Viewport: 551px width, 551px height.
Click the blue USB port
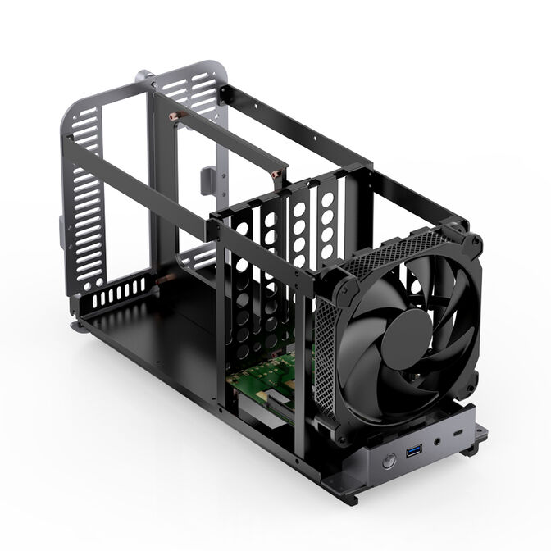[414, 450]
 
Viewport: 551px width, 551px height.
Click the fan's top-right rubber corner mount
[471, 243]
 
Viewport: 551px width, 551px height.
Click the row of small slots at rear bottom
[115, 295]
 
